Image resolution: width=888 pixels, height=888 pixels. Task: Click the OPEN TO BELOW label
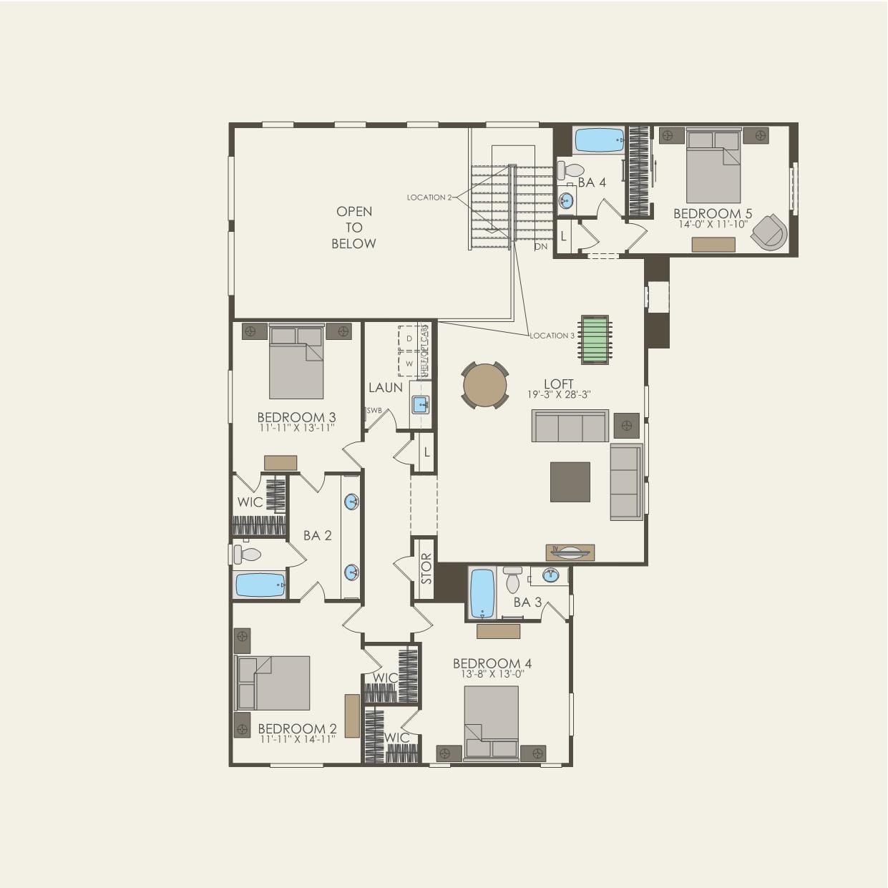(x=353, y=228)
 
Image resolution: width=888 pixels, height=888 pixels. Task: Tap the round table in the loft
(x=485, y=386)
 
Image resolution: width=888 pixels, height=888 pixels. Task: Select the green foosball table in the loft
(x=594, y=339)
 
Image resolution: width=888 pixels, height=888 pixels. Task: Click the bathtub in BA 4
(x=600, y=140)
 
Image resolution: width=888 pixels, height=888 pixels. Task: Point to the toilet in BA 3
(x=512, y=580)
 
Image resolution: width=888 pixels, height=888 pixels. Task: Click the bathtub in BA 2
(x=260, y=585)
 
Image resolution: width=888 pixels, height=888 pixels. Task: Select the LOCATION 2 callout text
(x=429, y=197)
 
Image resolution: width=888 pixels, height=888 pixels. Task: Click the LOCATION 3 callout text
(x=552, y=336)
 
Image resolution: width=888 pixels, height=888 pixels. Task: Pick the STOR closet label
(x=426, y=568)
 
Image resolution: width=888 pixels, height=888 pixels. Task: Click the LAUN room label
(x=385, y=387)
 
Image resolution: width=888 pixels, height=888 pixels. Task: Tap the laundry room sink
(x=420, y=405)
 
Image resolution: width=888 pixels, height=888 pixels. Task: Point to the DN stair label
(x=541, y=246)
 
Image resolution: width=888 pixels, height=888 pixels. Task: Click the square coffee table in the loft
(x=570, y=482)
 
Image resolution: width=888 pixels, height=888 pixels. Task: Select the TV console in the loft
(x=570, y=552)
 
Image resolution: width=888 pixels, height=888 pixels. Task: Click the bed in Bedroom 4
(x=491, y=721)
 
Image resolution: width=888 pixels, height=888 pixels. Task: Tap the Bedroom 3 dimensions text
(x=296, y=428)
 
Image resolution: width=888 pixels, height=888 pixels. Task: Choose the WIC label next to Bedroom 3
(x=250, y=502)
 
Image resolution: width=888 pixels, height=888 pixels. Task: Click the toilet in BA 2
(x=248, y=554)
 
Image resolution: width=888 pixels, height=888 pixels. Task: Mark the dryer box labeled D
(x=409, y=338)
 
